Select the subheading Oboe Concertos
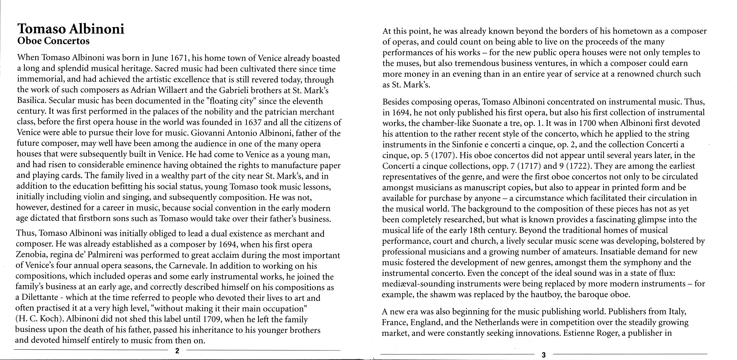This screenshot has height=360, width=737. click(54, 41)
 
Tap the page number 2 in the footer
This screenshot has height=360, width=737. click(177, 351)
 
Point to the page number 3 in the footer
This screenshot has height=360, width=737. click(544, 355)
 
